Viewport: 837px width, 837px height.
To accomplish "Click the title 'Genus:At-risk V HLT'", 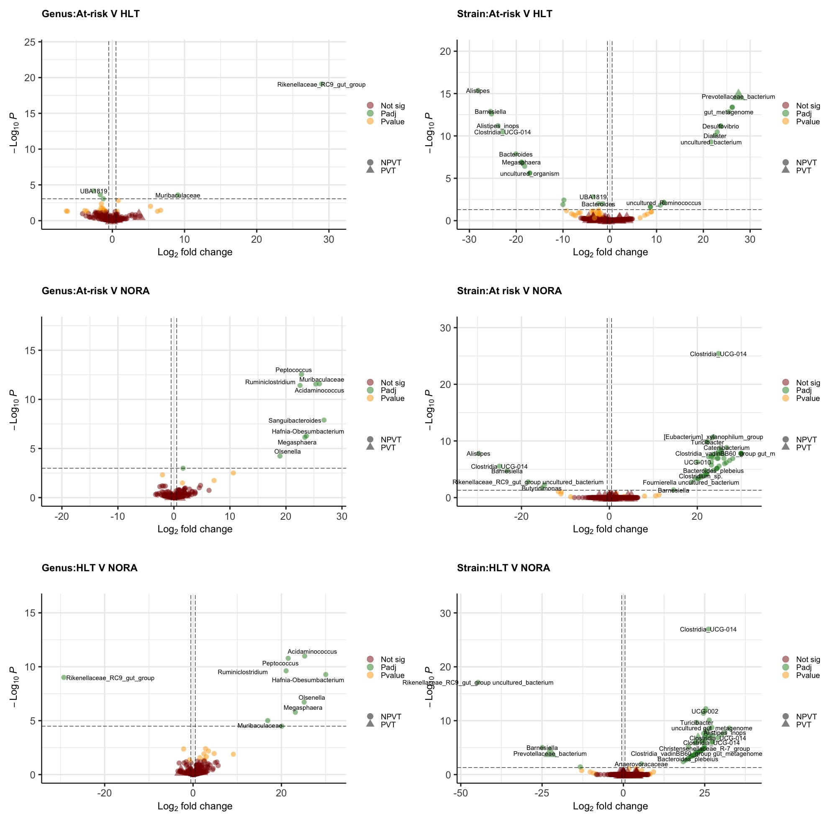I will (x=90, y=14).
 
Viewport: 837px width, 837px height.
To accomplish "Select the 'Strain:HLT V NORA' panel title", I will (x=503, y=568).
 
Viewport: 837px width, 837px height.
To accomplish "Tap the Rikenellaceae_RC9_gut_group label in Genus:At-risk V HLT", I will (x=321, y=85).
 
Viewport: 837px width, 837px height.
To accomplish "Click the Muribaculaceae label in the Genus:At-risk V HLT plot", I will (x=177, y=196).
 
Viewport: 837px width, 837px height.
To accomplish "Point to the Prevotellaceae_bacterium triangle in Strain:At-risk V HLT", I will (x=739, y=93).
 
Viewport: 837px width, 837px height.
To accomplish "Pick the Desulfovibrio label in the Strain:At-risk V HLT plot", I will (x=721, y=126).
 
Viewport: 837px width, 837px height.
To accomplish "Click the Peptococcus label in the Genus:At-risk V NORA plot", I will (x=293, y=370).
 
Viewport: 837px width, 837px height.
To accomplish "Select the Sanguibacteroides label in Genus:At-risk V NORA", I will (x=295, y=421).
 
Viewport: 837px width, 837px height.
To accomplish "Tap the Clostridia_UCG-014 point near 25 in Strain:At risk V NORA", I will (x=718, y=354).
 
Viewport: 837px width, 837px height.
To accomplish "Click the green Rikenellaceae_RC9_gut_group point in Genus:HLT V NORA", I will (x=64, y=678).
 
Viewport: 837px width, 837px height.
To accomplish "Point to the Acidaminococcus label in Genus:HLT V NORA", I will (x=312, y=652).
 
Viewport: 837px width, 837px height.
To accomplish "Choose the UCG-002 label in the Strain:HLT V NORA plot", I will (x=704, y=711).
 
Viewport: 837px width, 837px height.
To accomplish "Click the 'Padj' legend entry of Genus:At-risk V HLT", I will (x=388, y=113).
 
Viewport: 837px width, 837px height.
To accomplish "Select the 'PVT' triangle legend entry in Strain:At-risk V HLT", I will (x=803, y=171).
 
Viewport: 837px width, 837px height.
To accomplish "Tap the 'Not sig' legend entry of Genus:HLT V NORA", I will (x=393, y=660).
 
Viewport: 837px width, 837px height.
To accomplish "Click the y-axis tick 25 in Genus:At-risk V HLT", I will (x=30, y=42).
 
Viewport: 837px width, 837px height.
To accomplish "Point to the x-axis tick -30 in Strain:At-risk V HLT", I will (x=469, y=239).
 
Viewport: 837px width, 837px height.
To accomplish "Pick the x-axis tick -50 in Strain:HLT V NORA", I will (x=460, y=793).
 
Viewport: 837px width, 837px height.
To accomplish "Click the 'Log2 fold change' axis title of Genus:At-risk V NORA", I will (x=195, y=529).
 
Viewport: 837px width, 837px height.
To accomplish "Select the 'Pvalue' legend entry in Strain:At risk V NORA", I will (x=808, y=398).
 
